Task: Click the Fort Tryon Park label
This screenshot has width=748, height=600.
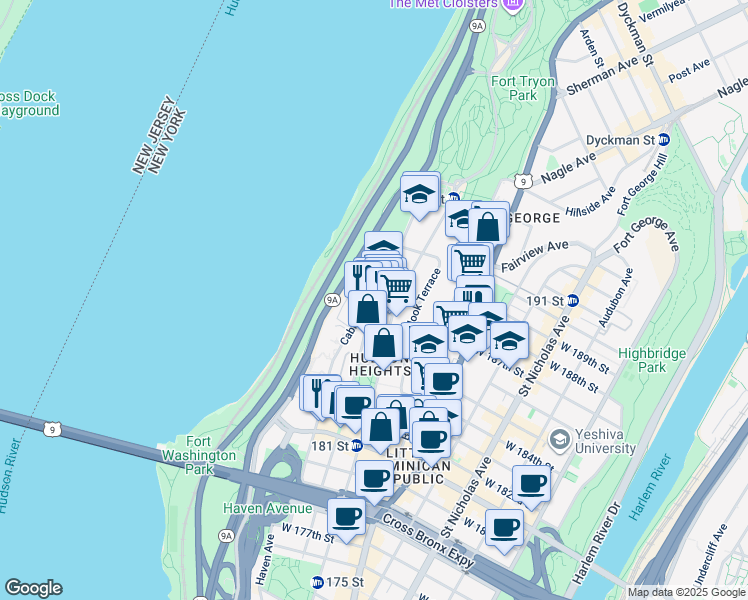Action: pos(514,88)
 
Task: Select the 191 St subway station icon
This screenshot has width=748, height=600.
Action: pos(573,300)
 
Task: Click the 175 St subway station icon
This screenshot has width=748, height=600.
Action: pos(317,582)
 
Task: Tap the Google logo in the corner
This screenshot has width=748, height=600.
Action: pos(33,588)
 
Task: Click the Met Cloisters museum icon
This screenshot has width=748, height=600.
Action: pos(513,5)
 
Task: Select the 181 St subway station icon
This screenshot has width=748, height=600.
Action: pos(356,446)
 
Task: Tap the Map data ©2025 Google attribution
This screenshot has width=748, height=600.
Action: pos(685,592)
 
